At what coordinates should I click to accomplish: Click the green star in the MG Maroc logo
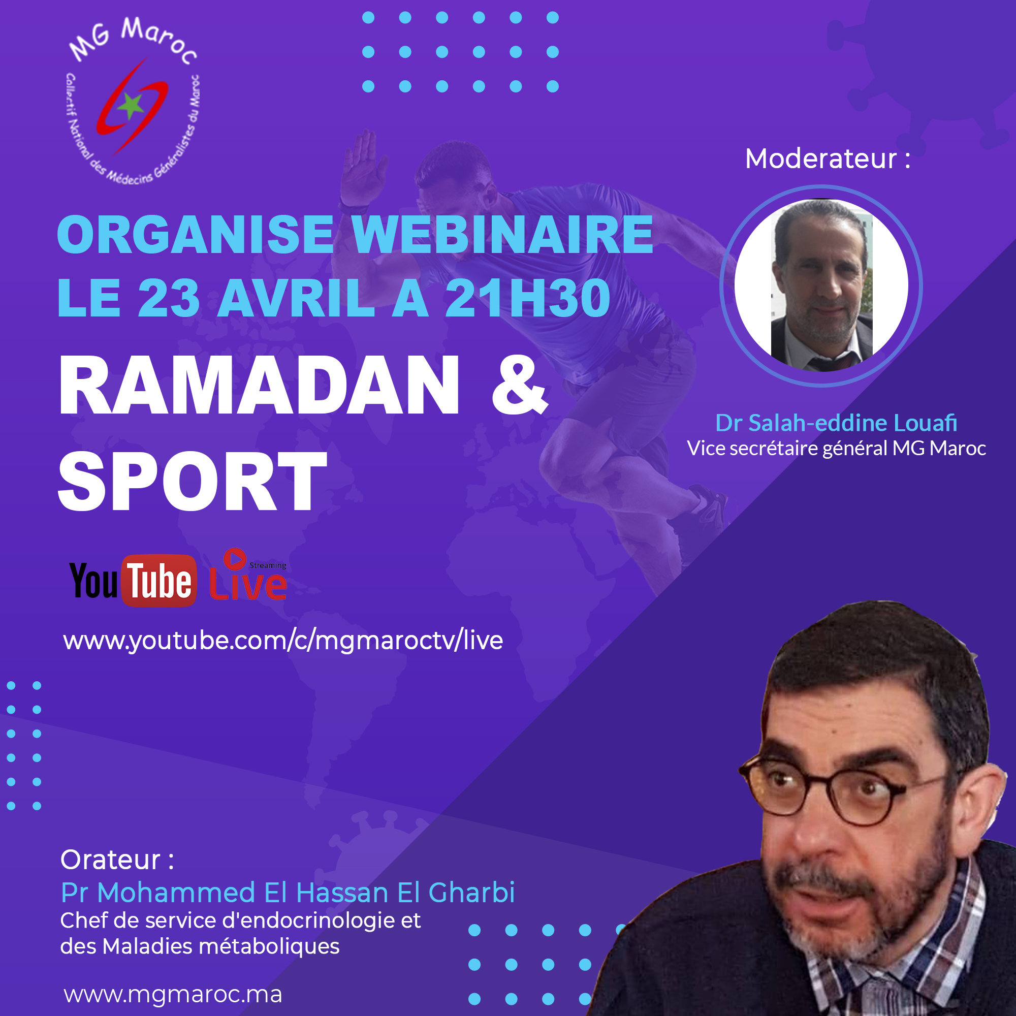pyautogui.click(x=130, y=106)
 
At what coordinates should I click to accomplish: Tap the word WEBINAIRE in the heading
pyautogui.click(x=502, y=235)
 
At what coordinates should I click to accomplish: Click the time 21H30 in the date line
pyautogui.click(x=527, y=298)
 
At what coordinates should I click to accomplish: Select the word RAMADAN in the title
pyautogui.click(x=259, y=385)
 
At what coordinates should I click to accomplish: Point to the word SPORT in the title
pyautogui.click(x=192, y=481)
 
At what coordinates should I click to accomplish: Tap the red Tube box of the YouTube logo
pyautogui.click(x=160, y=581)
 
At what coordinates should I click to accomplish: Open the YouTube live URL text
pyautogui.click(x=283, y=641)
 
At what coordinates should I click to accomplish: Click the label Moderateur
pyautogui.click(x=828, y=158)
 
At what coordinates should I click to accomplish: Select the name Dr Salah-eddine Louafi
pyautogui.click(x=836, y=423)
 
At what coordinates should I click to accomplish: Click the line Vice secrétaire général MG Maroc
pyautogui.click(x=836, y=449)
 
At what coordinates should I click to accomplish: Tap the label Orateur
pyautogui.click(x=117, y=860)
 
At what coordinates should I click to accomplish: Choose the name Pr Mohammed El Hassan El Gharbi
pyautogui.click(x=288, y=893)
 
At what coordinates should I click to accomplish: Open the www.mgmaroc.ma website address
pyautogui.click(x=173, y=995)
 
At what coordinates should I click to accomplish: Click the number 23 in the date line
pyautogui.click(x=168, y=298)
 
